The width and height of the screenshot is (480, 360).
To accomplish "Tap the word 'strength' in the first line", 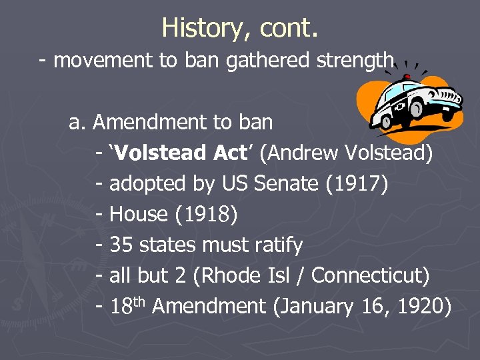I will [x=355, y=61].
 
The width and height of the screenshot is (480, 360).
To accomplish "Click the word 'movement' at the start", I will [x=103, y=61].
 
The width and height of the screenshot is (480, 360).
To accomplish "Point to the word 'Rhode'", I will [x=231, y=275].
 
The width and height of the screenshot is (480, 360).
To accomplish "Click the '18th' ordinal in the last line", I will [x=128, y=306].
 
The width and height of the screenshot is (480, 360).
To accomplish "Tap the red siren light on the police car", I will [x=407, y=77].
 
